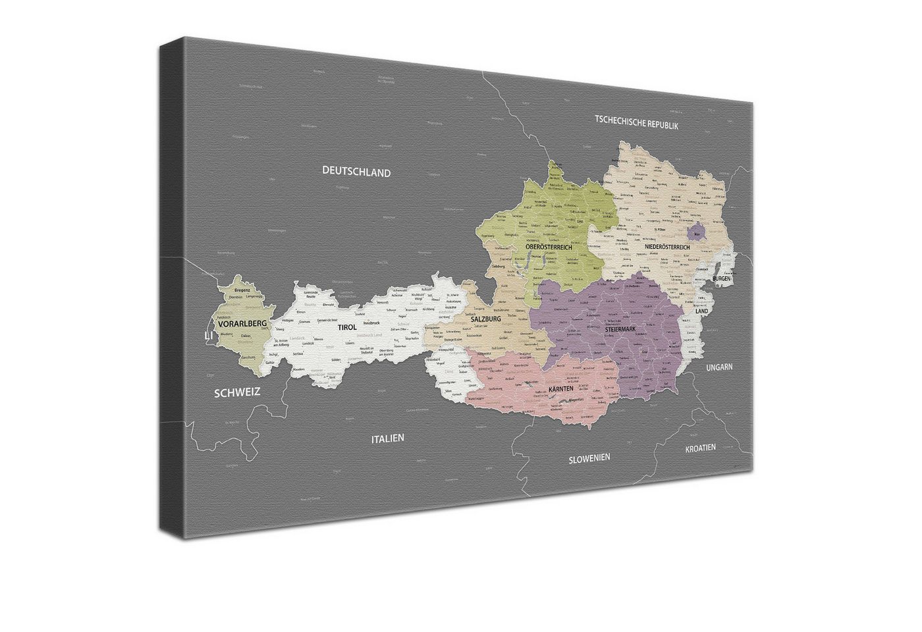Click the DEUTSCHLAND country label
coord(356,172)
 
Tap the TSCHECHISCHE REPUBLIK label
coord(636,122)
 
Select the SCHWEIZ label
coord(237,392)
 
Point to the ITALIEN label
coord(388,438)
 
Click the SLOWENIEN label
coord(589,458)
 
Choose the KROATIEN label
coord(700,448)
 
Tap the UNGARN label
coord(719,367)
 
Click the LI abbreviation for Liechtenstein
coord(209,336)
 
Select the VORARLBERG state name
coord(242,323)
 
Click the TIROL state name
coord(347,327)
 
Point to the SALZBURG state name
coord(486,319)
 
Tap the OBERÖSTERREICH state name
coord(549,247)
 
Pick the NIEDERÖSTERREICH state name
coord(667,247)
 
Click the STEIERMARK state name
coord(625,329)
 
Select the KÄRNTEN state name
coord(560,390)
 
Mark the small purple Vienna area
coord(695,232)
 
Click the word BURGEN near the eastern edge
coord(721,279)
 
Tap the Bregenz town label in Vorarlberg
coord(242,290)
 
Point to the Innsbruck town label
coord(371,323)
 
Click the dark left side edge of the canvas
coord(172,290)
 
